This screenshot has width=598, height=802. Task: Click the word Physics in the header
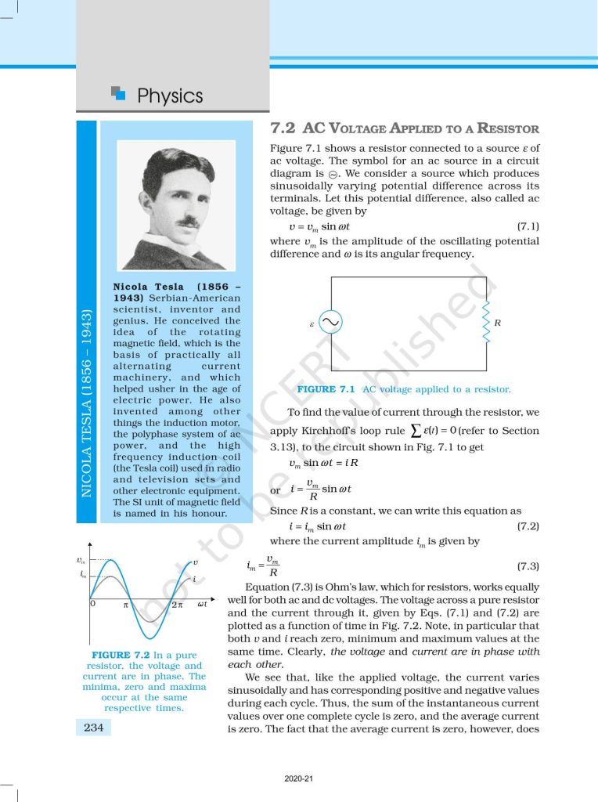pyautogui.click(x=170, y=96)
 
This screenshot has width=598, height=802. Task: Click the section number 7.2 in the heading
pyautogui.click(x=283, y=128)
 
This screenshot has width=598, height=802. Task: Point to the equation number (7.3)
pyautogui.click(x=528, y=565)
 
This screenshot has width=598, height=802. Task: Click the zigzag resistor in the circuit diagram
pyautogui.click(x=486, y=322)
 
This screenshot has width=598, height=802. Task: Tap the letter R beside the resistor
pyautogui.click(x=498, y=322)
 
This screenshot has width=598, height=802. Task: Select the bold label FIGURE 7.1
pyautogui.click(x=326, y=389)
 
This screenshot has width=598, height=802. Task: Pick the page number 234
pyautogui.click(x=94, y=728)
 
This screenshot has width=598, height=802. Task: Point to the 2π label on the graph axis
pyautogui.click(x=176, y=605)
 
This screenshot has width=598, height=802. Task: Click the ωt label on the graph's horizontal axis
pyautogui.click(x=202, y=604)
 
